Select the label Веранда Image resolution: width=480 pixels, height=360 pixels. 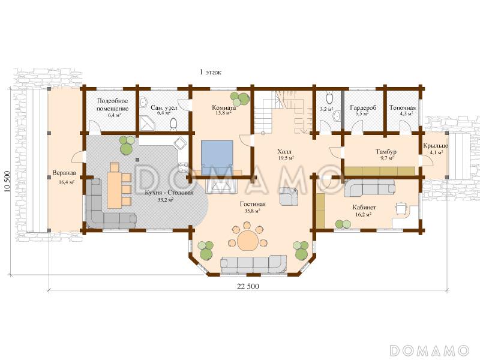click(x=64, y=173)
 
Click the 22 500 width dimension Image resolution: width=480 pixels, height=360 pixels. click(x=248, y=286)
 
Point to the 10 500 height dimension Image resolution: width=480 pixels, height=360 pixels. click(x=7, y=181)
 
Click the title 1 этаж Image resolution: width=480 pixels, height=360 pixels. click(x=211, y=72)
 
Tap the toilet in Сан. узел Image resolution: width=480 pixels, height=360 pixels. click(x=173, y=124)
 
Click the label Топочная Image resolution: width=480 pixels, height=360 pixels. click(x=403, y=108)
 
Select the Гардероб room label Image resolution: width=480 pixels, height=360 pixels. click(x=363, y=108)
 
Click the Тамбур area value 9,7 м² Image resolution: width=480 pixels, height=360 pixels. click(x=386, y=158)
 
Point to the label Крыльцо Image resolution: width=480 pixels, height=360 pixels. click(x=436, y=146)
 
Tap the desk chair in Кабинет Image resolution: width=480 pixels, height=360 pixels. click(x=401, y=208)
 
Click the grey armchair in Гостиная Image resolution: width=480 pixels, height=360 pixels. click(x=289, y=196)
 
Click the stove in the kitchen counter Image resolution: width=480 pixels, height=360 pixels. click(x=183, y=168)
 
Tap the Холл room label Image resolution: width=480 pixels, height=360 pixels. click(x=284, y=152)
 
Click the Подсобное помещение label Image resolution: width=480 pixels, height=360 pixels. click(x=113, y=104)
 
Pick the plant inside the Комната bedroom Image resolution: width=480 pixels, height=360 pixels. click(x=239, y=98)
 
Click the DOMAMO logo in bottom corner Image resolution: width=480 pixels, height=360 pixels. click(x=430, y=350)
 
